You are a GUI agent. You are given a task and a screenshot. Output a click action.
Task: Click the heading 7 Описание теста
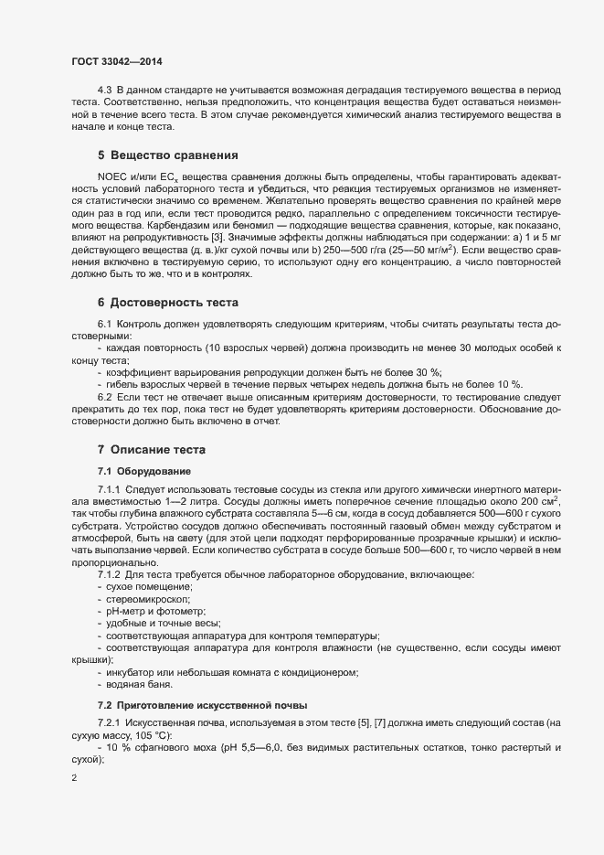[x=152, y=449]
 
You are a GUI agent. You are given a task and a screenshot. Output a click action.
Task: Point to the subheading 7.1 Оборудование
[x=144, y=470]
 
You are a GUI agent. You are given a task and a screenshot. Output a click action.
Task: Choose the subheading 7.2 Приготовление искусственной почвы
[x=203, y=704]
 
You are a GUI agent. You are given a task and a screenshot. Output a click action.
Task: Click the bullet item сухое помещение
[x=148, y=585]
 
